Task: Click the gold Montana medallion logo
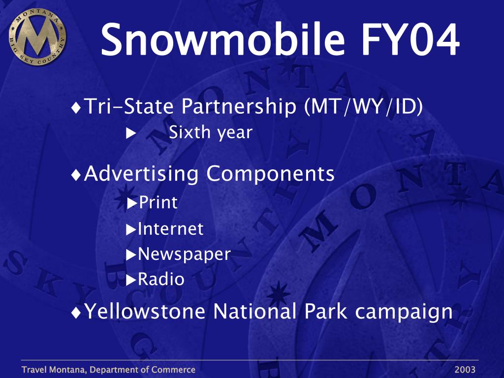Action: click(37, 36)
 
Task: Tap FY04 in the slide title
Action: click(410, 39)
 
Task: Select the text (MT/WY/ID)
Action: click(364, 106)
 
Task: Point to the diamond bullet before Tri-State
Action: click(76, 108)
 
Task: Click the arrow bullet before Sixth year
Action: click(131, 133)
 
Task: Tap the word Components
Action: click(270, 174)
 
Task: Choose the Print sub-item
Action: click(158, 202)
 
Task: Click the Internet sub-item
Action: click(170, 229)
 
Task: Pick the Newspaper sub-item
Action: click(184, 254)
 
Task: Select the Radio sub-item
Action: click(161, 279)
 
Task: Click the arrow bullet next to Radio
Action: click(131, 280)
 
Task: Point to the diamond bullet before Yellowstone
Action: click(76, 313)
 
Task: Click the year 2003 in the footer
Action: click(465, 370)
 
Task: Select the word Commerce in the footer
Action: click(173, 370)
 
